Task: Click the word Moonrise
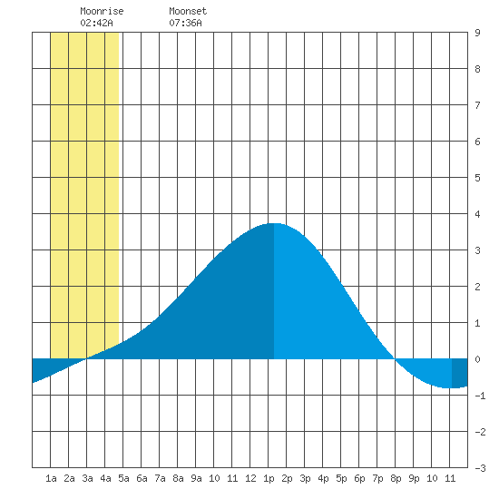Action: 102,11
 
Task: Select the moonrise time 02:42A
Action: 96,23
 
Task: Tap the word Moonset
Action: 188,11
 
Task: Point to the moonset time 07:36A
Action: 185,23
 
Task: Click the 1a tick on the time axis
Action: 51,478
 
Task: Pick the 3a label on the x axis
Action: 87,478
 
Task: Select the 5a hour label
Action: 123,478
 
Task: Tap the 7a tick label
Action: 160,478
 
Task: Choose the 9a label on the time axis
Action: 196,478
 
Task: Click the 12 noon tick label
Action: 250,478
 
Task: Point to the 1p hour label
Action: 269,478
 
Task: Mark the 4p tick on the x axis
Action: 323,478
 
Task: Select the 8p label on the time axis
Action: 396,478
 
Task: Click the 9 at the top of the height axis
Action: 477,33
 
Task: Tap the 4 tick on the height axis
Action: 477,214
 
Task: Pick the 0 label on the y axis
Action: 477,359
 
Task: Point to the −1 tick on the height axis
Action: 480,396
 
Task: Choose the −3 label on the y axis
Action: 480,468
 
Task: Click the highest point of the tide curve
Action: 274,223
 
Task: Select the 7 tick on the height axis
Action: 477,105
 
